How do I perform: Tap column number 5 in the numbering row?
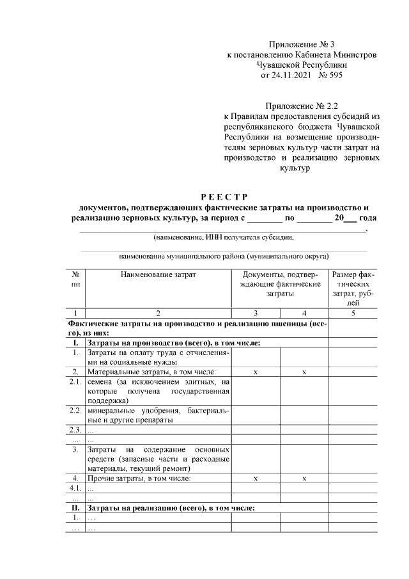point(353,313)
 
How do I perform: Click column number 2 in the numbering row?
point(158,313)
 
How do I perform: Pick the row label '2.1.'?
point(75,381)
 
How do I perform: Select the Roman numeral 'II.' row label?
point(75,508)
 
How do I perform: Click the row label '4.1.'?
point(75,488)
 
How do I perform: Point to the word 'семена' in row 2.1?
point(101,381)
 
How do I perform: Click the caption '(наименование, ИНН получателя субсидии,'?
point(223,237)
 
